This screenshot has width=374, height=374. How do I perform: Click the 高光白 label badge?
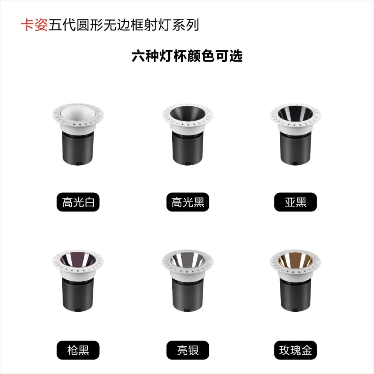coord(78,202)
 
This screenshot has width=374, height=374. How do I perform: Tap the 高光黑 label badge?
coord(188,202)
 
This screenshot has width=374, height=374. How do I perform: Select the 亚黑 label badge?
coord(296,202)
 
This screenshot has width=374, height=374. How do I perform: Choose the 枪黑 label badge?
coord(78,350)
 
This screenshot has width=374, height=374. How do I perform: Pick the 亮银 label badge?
coord(188,350)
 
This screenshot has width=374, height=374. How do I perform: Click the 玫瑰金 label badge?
coord(296,350)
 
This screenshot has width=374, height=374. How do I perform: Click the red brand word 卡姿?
coord(34,25)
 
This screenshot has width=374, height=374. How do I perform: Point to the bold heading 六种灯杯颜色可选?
coord(187,56)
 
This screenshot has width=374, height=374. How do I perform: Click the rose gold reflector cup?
coord(296,259)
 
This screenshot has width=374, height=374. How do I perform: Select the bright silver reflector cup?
coord(188,259)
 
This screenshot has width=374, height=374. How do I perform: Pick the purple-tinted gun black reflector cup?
coord(78,259)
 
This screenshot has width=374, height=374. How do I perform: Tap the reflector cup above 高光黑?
coord(188,113)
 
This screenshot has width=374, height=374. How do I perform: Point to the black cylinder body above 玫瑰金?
coord(296,295)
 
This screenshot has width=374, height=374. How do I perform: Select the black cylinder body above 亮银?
coord(188,295)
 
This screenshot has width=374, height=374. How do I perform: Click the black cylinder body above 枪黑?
coord(78,295)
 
